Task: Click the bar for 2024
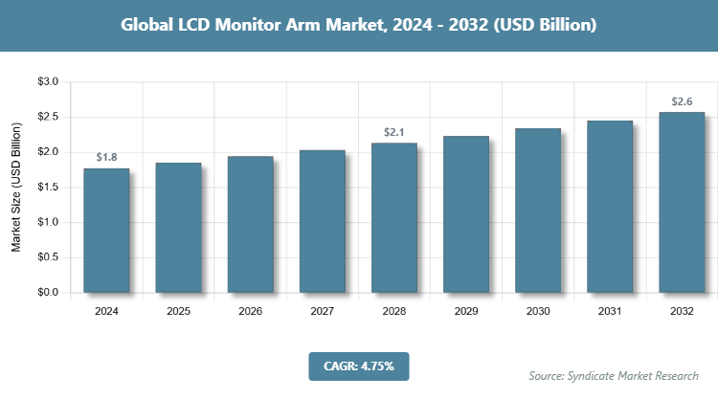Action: (x=106, y=230)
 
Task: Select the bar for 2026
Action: (x=250, y=224)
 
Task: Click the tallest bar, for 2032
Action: (x=682, y=202)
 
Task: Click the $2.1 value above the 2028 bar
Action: (x=394, y=131)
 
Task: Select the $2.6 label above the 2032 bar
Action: (x=682, y=100)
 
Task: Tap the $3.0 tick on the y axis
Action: (x=48, y=82)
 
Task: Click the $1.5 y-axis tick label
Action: (x=48, y=188)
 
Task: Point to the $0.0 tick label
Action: (x=48, y=293)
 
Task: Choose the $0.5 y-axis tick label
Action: (x=48, y=257)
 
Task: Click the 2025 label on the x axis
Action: (x=178, y=311)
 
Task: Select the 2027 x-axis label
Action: (x=322, y=311)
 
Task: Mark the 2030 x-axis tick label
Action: (x=538, y=311)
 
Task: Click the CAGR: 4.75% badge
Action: (x=359, y=366)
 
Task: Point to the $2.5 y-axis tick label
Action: (x=48, y=118)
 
